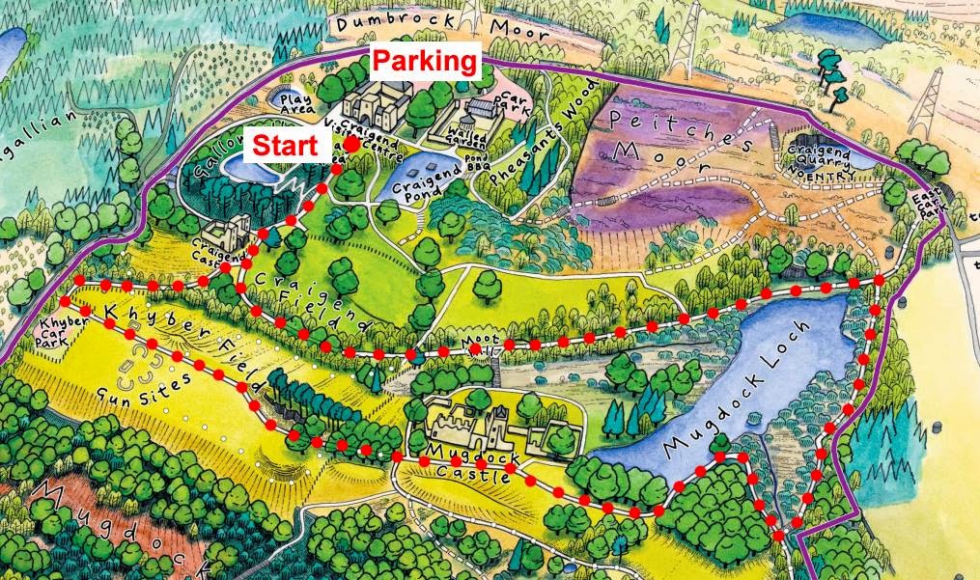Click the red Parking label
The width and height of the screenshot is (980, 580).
coord(425,62)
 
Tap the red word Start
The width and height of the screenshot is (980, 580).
coord(285,148)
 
